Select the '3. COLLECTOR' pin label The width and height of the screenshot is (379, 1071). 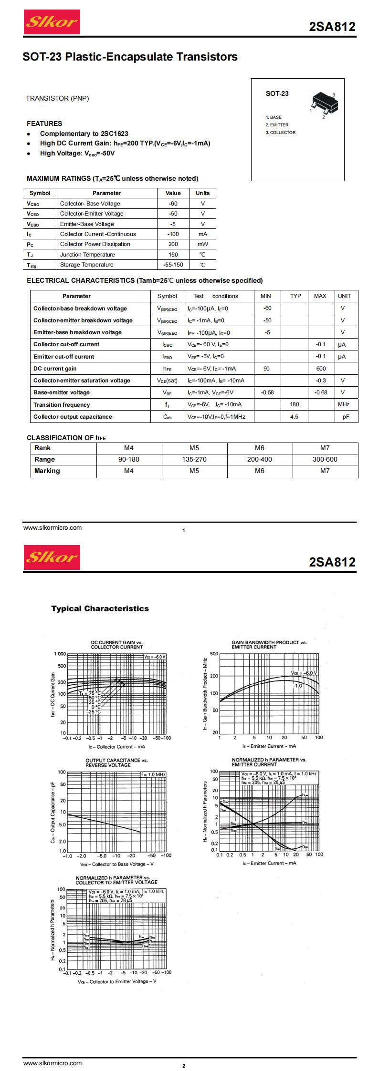[281, 133]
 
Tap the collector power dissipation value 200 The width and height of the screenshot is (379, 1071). [173, 244]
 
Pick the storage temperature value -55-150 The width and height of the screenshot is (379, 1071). [173, 265]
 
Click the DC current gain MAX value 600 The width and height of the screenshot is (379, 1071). [321, 369]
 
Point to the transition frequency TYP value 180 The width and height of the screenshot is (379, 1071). [295, 404]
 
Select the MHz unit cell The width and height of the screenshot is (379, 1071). [344, 404]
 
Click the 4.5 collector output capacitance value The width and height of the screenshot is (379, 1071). [294, 417]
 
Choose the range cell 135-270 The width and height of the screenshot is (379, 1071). [194, 459]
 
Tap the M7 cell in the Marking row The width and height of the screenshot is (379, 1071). [325, 471]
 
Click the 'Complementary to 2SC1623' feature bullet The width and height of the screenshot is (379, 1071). [84, 134]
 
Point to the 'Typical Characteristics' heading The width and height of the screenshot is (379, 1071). [100, 608]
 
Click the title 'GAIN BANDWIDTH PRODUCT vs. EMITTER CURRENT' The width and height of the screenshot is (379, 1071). [269, 645]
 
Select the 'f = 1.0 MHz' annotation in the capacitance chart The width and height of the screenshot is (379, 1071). [153, 774]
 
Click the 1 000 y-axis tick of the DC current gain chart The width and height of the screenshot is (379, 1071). [60, 654]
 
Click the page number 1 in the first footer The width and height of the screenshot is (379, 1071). [184, 530]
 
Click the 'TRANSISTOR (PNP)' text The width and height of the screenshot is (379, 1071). [57, 98]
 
